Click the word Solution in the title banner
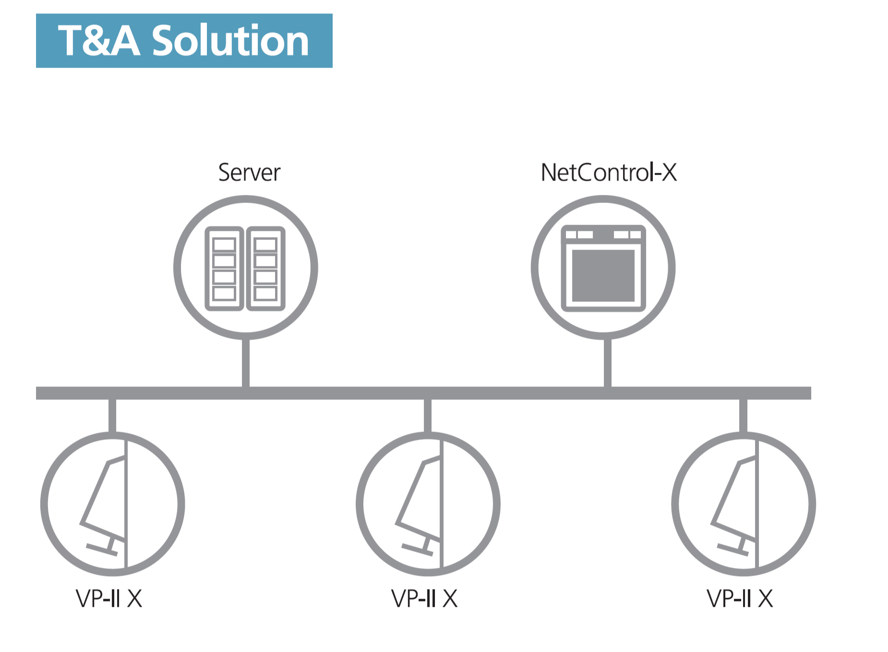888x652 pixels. click(x=230, y=41)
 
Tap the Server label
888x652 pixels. click(x=249, y=172)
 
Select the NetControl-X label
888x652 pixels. click(x=609, y=172)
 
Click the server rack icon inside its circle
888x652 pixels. click(x=245, y=268)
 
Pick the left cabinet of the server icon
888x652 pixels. click(x=224, y=268)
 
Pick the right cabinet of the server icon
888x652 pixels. click(x=266, y=268)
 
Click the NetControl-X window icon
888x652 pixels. click(x=603, y=268)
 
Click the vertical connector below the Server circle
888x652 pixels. click(x=246, y=363)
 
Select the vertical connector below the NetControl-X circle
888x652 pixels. click(x=608, y=363)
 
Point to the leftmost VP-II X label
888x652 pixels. click(x=109, y=599)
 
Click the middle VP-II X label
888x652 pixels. click(x=424, y=599)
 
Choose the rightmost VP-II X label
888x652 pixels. click(x=740, y=599)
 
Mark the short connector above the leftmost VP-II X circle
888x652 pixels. click(x=112, y=416)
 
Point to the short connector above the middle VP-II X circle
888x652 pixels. click(x=428, y=416)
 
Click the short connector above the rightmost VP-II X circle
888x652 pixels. click(x=743, y=416)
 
